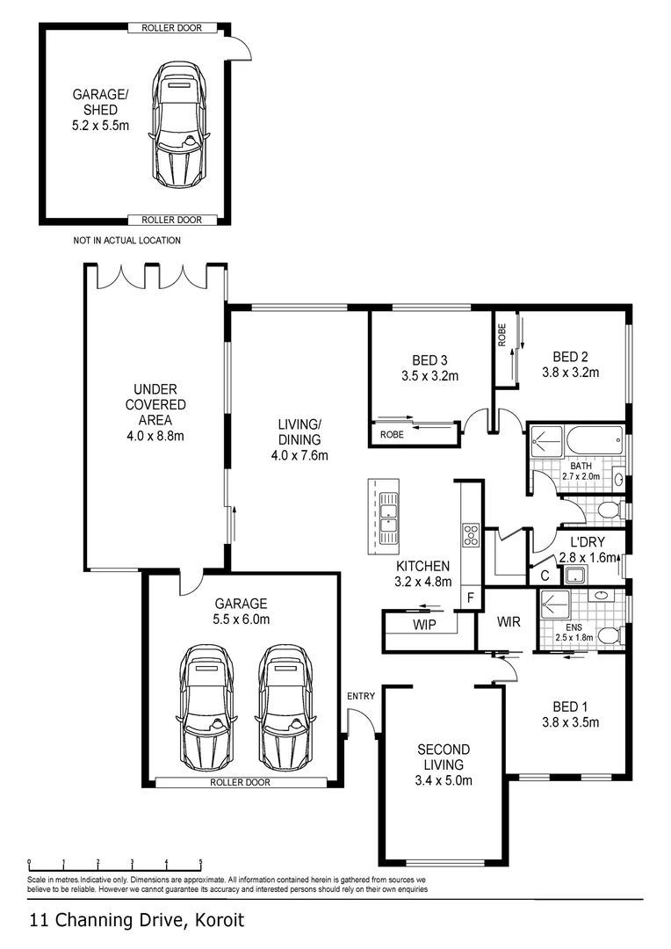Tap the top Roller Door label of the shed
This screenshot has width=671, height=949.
(172, 28)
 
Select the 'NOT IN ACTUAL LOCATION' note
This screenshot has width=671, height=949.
(127, 240)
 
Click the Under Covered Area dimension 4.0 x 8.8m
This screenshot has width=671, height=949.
(155, 436)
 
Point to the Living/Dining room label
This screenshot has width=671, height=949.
(299, 432)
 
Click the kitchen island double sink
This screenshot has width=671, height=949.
(386, 518)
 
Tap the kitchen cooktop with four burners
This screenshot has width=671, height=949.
(471, 535)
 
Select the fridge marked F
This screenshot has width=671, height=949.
(472, 598)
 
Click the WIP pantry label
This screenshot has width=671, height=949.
(424, 625)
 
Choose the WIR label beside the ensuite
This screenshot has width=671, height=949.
(509, 621)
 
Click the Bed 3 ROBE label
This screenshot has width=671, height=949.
(392, 435)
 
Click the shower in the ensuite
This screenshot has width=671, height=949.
(555, 608)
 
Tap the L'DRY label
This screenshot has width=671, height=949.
(588, 542)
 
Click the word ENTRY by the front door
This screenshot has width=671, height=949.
(361, 696)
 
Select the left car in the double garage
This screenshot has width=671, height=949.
(207, 707)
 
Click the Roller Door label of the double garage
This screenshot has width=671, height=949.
(240, 782)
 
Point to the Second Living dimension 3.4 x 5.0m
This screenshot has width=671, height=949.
(444, 781)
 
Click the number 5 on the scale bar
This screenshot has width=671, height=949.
(201, 863)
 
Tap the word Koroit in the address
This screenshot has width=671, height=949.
(220, 921)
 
